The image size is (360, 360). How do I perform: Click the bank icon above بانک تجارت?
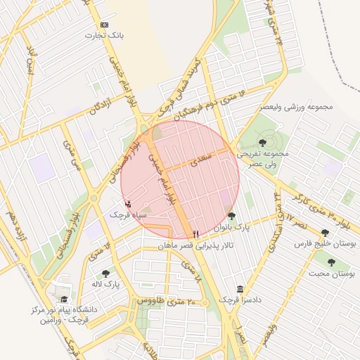(105, 24)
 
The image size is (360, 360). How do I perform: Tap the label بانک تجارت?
(100, 34)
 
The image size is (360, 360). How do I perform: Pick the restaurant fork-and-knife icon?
(195, 233)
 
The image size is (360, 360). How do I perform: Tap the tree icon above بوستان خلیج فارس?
(325, 233)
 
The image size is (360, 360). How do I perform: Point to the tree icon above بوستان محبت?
(325, 263)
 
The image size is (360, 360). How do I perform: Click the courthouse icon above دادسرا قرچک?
(241, 289)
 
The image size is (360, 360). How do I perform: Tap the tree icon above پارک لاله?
(105, 274)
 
